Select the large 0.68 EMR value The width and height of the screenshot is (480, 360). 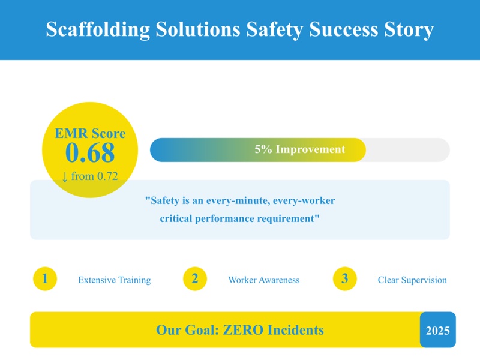point(90,154)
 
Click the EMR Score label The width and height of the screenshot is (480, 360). point(90,133)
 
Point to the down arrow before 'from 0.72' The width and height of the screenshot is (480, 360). point(65,176)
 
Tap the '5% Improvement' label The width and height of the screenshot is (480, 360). point(300,149)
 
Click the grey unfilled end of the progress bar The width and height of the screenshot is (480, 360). point(408,150)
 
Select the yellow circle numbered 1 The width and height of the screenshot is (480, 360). point(45,279)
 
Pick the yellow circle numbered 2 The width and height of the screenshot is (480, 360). point(195,279)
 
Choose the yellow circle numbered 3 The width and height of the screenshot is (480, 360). point(345,279)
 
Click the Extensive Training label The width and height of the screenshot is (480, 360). point(115,280)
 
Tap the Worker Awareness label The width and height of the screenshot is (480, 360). point(264,280)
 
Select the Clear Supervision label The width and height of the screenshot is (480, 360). point(412,280)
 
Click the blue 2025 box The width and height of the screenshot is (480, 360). point(438,330)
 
